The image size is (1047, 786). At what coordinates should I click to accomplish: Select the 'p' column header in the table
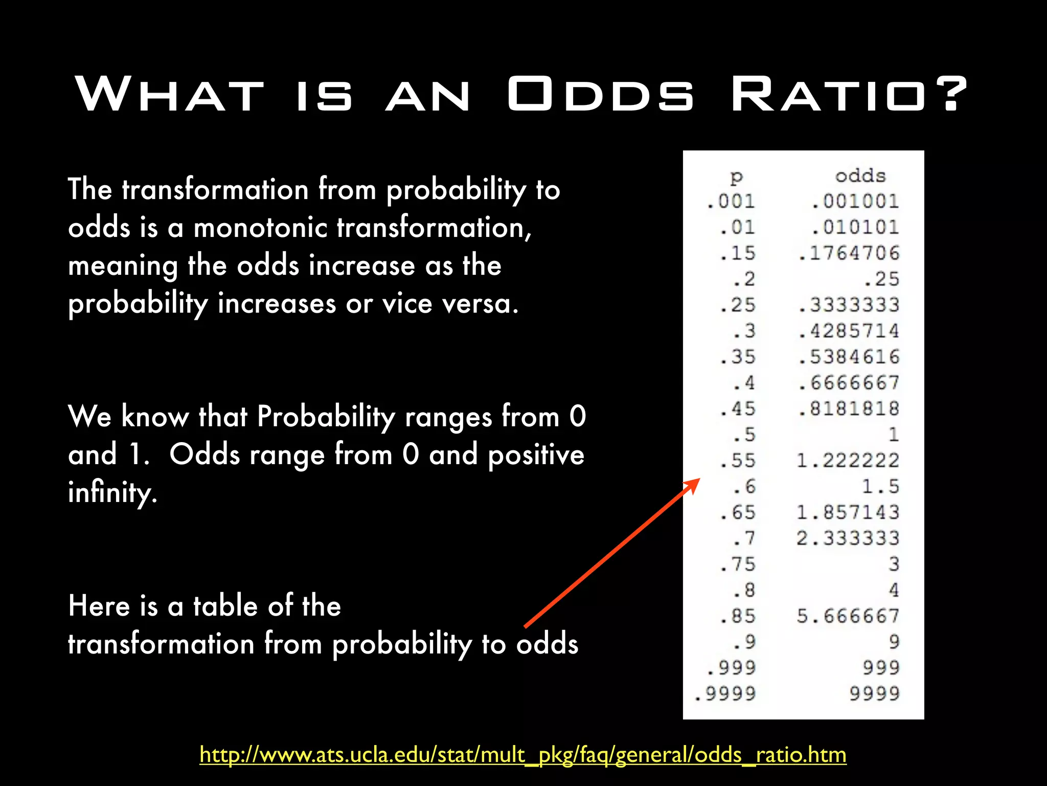[x=736, y=177]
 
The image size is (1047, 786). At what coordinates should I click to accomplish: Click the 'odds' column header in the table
[x=860, y=176]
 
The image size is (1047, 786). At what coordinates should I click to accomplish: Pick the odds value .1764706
[x=849, y=253]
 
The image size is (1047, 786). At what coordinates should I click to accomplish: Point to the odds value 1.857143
[x=848, y=512]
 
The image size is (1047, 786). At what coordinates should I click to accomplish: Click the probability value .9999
[x=725, y=694]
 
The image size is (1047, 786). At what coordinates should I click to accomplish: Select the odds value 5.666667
[x=848, y=616]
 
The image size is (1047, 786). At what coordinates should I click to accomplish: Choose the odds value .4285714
[x=849, y=331]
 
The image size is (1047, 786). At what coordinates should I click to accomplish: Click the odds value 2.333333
[x=848, y=538]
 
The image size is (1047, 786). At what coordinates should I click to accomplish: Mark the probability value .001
[x=731, y=201]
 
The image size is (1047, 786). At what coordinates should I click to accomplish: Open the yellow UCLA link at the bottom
[x=522, y=755]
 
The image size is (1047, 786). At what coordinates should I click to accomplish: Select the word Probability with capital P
[x=326, y=417]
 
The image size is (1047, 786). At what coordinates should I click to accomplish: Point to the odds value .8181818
[x=849, y=409]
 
